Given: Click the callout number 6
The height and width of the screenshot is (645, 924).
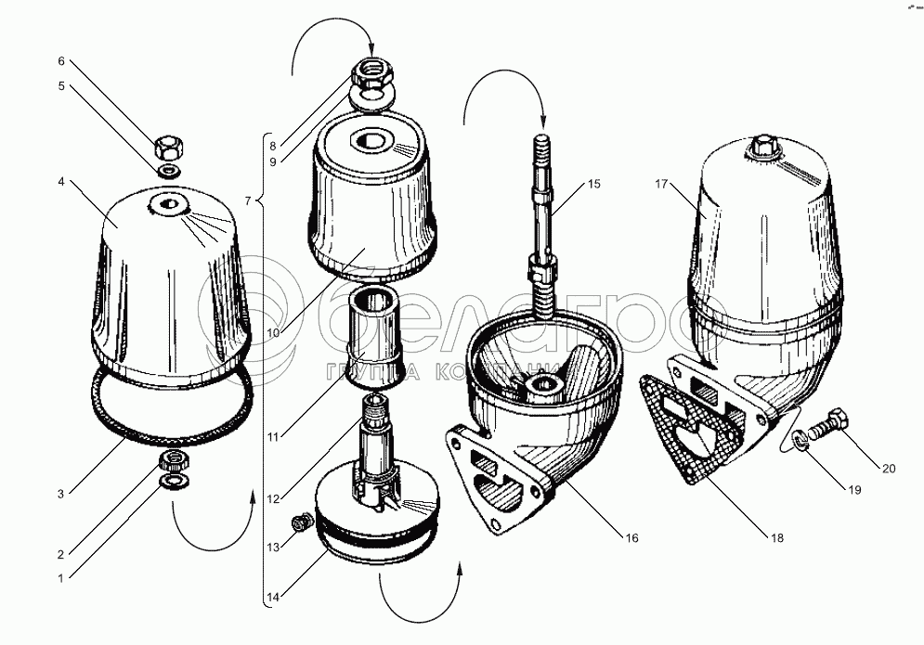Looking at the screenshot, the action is click(x=60, y=61).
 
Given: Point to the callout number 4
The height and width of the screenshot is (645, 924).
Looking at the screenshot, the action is click(x=60, y=182).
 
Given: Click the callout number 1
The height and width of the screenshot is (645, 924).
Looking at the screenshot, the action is click(x=60, y=578).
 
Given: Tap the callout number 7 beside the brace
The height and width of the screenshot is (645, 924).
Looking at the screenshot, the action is click(x=248, y=201).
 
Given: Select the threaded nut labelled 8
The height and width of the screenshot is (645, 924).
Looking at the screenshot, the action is click(x=371, y=73).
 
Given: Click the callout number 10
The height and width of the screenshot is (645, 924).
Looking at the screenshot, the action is click(x=273, y=333).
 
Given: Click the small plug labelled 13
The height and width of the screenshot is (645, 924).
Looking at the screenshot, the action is click(x=303, y=522).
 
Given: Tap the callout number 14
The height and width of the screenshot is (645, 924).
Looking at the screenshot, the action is click(x=273, y=597).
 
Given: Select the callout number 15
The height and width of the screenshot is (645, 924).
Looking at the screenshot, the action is click(x=594, y=184).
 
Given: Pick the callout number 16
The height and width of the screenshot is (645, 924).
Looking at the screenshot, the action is click(x=631, y=538).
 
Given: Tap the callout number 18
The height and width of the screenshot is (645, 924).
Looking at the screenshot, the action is click(x=777, y=537).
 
